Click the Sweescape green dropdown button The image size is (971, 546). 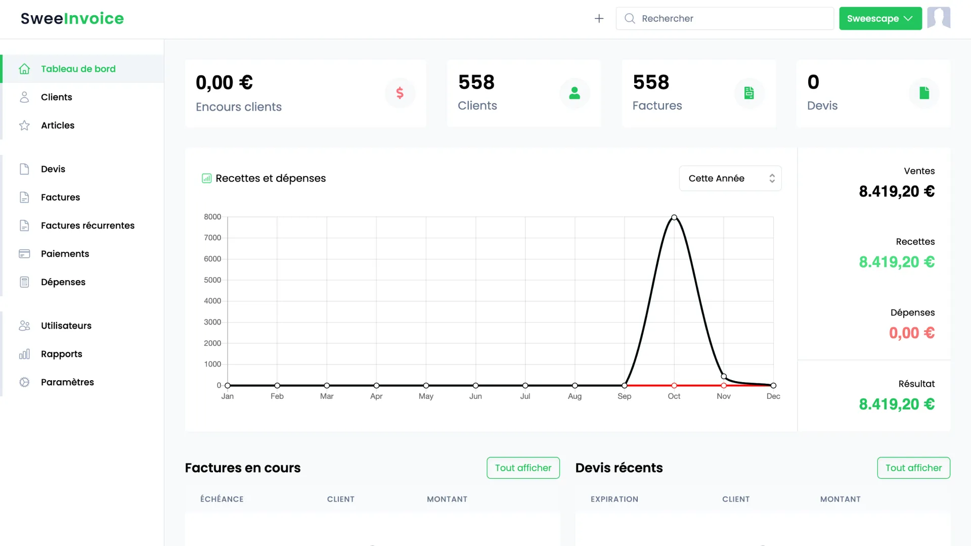880,19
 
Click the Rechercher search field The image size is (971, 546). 728,19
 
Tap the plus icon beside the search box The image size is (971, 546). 599,19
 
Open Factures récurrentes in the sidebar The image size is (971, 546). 87,225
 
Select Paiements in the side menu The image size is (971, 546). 65,254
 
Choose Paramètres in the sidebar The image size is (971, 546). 67,382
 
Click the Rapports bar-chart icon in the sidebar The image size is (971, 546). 24,354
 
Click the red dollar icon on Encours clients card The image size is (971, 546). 400,93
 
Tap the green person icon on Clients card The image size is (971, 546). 575,93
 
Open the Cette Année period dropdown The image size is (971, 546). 730,178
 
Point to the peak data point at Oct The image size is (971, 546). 674,217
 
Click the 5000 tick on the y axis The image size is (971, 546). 212,280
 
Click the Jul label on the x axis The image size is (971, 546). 525,396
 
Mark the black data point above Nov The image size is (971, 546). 724,376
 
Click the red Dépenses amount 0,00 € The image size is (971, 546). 911,333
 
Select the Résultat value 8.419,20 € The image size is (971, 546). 896,404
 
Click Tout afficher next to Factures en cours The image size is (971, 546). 523,468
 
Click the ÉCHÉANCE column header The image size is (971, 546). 222,499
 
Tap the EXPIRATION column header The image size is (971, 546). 614,499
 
